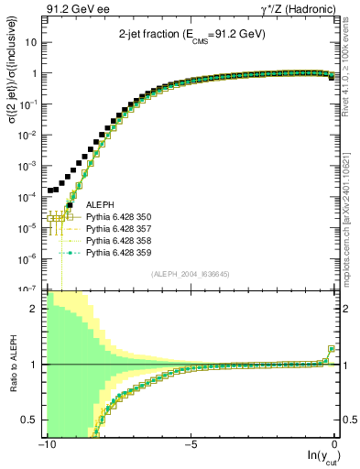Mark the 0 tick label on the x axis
tap(335, 445)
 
